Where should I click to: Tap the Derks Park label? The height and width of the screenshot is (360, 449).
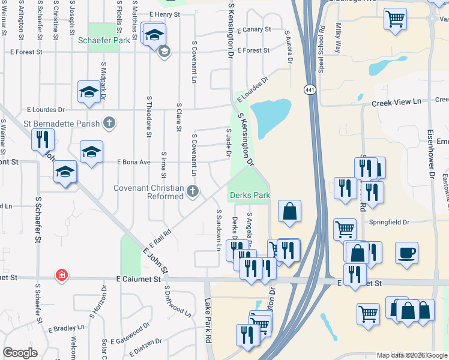[x=249, y=195]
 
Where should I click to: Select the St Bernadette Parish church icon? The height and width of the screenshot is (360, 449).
[x=109, y=123]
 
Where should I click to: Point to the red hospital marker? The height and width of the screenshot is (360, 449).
[x=61, y=275]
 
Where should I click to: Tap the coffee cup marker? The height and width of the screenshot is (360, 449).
[x=406, y=252]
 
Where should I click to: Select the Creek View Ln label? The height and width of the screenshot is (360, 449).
[x=396, y=103]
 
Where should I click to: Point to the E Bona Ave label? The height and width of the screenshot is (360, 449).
[x=134, y=162]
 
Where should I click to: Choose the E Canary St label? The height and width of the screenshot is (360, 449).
[x=254, y=29]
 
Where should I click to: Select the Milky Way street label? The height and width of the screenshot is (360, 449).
[x=339, y=38]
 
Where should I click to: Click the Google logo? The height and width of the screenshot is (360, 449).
[x=20, y=353]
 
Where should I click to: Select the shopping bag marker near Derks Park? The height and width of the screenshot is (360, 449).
[x=289, y=212]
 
